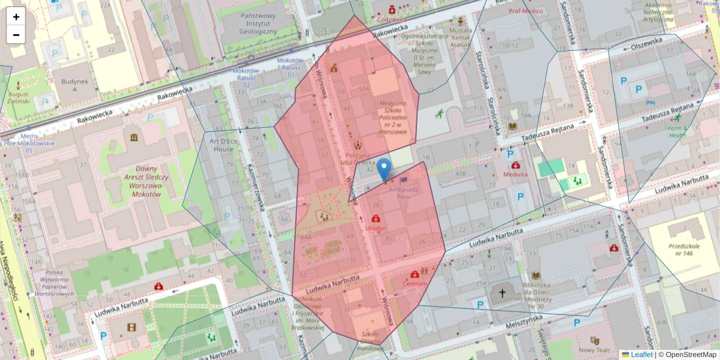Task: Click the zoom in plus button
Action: coord(16,17)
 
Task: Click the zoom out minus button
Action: coord(16,35)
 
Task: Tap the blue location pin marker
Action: coord(385,169)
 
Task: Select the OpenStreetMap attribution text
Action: coord(691,355)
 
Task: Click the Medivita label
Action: coord(515,174)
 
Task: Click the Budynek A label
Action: coord(74,85)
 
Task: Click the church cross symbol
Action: coord(502,293)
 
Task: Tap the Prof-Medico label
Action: coord(526,11)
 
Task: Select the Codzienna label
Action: coord(392,19)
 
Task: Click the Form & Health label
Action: coord(677,131)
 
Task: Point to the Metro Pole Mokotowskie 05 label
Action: coord(28,143)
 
